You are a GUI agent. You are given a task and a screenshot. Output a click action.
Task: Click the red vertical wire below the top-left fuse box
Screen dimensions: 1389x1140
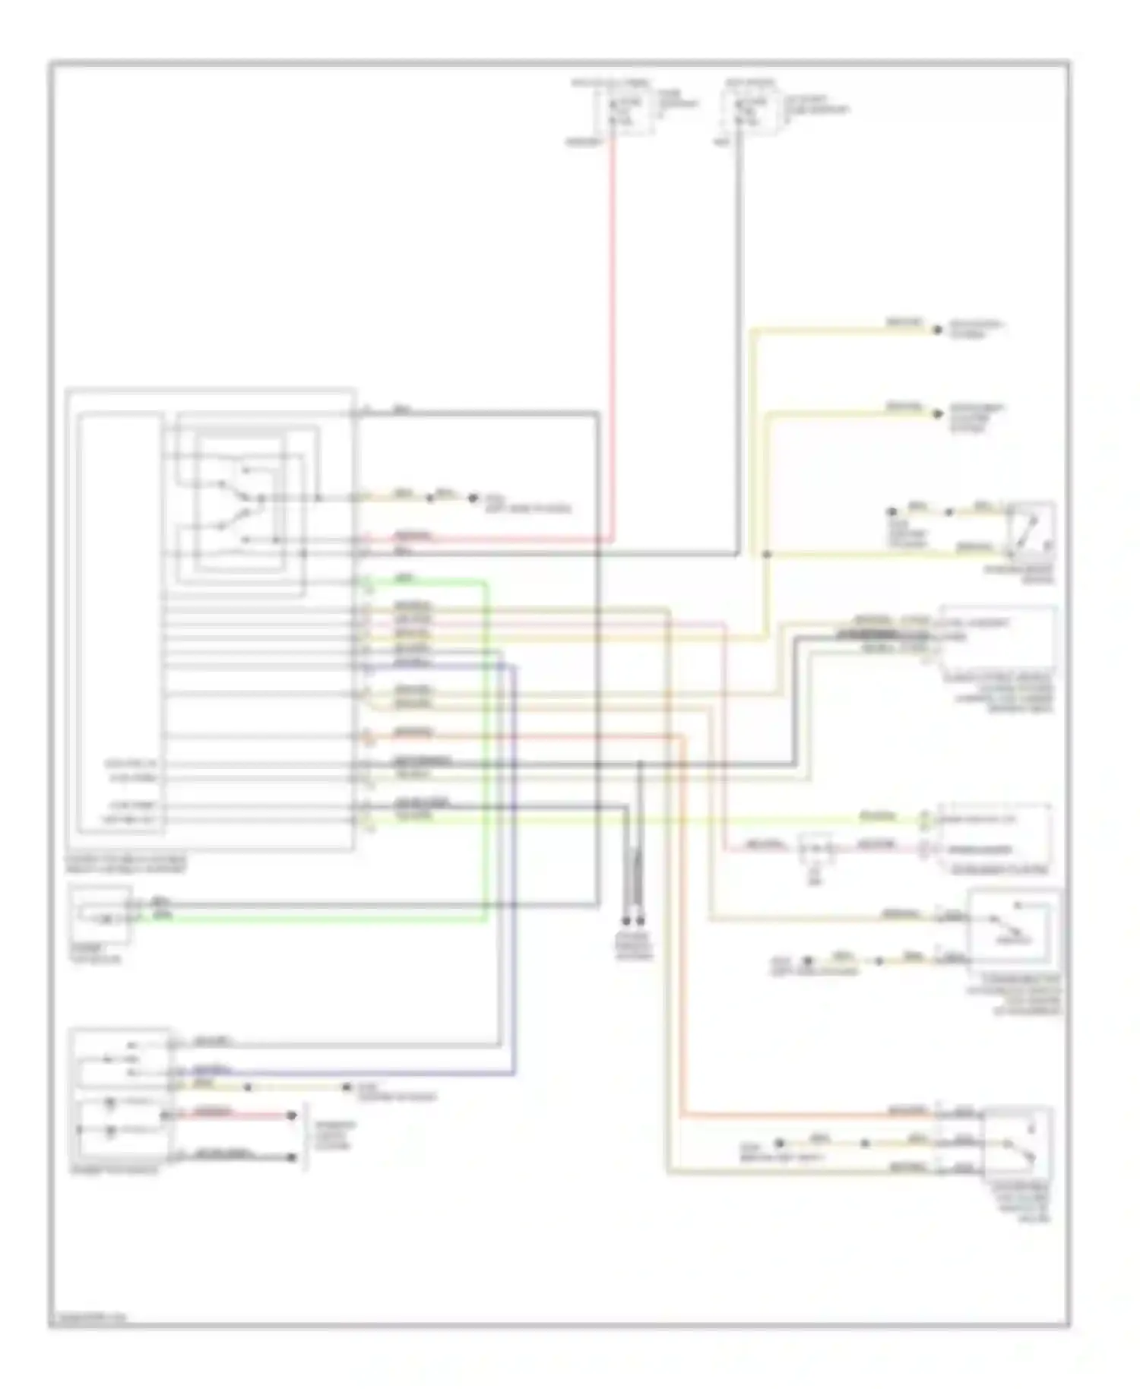click(613, 334)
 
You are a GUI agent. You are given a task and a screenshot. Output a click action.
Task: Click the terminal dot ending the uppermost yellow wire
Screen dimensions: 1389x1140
click(937, 329)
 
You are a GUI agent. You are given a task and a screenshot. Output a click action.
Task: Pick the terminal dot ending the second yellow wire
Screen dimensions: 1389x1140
click(937, 414)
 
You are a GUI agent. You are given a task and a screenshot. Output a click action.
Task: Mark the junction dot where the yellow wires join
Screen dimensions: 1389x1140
click(766, 555)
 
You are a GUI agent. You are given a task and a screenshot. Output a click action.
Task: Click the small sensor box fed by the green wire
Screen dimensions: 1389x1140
click(100, 913)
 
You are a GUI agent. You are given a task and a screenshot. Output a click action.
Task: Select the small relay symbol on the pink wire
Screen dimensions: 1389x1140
click(815, 847)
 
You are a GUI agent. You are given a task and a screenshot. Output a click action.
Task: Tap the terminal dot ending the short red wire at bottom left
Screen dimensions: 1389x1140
click(291, 1115)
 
